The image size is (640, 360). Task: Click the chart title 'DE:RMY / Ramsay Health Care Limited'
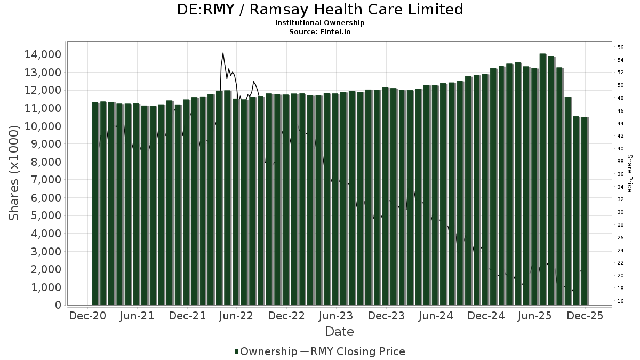(x=320, y=10)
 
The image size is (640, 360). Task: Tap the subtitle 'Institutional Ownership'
(x=320, y=23)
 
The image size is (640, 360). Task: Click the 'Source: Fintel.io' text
(x=320, y=31)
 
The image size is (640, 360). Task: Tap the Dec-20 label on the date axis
(x=88, y=316)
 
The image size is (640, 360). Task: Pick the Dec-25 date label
(x=585, y=316)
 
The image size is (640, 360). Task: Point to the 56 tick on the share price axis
(x=620, y=47)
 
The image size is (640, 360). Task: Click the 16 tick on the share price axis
(x=620, y=301)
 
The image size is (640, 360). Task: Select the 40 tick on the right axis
(x=620, y=149)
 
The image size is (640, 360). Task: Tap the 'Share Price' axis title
(x=630, y=173)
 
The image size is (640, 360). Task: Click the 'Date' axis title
(x=339, y=332)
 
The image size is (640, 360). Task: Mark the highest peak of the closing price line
(x=223, y=53)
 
